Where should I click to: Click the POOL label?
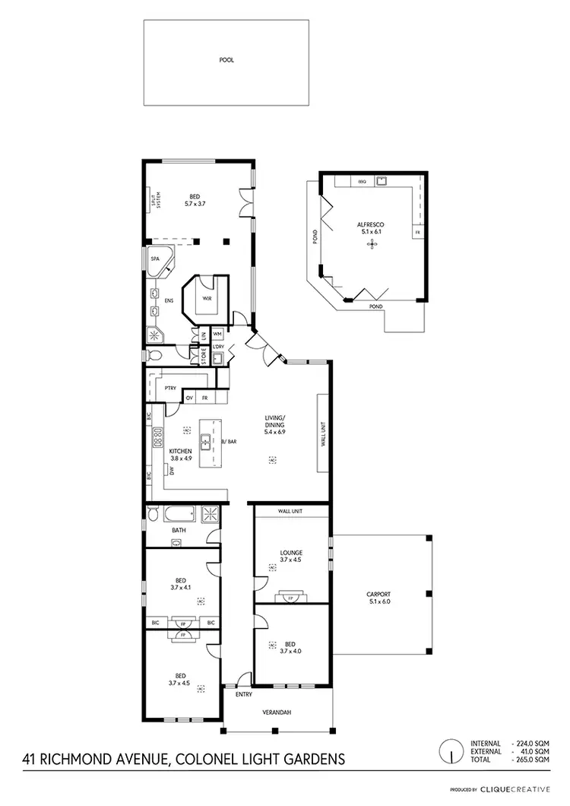(226, 59)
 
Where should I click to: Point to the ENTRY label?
(243, 694)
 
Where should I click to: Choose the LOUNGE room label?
(291, 553)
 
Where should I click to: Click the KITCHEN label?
(180, 452)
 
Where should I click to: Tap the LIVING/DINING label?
(274, 419)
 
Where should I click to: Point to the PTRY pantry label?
(171, 389)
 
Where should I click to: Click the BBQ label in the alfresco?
(363, 182)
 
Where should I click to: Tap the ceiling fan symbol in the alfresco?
(372, 244)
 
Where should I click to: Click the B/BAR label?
(226, 441)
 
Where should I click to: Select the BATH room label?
(179, 530)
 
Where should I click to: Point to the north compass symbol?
(452, 750)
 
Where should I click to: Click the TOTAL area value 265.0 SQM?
(531, 760)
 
